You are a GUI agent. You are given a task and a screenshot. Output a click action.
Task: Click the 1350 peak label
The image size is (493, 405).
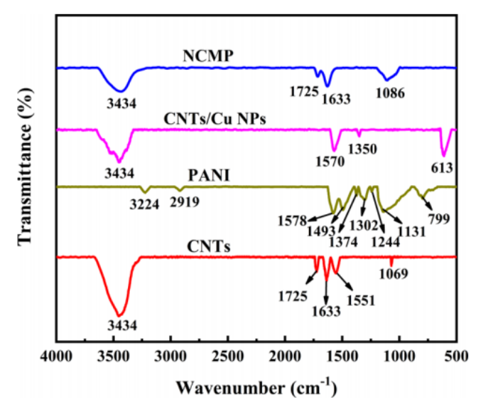tap(362, 149)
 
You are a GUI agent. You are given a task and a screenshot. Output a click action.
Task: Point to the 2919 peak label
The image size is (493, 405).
tap(184, 201)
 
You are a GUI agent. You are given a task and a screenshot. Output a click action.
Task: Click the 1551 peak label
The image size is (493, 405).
tap(359, 299)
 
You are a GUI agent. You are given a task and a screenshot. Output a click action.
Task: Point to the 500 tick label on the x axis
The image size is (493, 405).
tap(456, 355)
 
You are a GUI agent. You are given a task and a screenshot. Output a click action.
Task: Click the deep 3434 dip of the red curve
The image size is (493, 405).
tap(120, 314)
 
